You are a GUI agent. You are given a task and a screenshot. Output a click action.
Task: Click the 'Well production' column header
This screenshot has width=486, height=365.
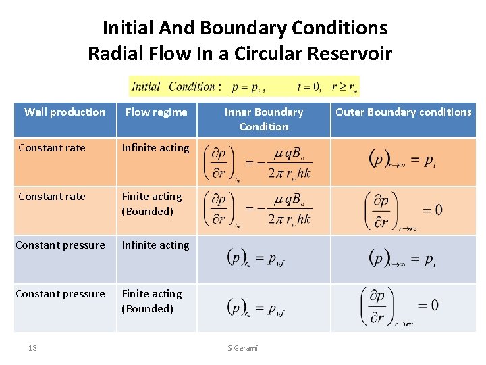(x=65, y=112)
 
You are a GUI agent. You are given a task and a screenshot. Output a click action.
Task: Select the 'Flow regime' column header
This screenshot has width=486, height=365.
(x=156, y=112)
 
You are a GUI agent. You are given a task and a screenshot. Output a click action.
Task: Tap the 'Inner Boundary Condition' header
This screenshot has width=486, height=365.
(x=264, y=119)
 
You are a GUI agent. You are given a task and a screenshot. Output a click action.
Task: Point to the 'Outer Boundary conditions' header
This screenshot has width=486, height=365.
(x=404, y=112)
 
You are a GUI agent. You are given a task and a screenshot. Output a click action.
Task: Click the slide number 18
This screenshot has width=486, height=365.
(x=32, y=348)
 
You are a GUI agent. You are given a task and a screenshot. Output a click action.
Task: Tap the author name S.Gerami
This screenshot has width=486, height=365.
(x=242, y=348)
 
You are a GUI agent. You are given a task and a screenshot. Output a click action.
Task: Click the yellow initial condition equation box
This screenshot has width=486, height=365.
(x=244, y=87)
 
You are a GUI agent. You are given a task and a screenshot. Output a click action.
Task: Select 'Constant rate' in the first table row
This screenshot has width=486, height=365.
(x=52, y=148)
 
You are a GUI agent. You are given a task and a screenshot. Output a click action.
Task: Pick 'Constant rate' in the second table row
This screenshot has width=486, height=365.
(x=52, y=197)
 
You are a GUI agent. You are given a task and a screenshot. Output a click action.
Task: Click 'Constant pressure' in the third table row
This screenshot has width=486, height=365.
(x=60, y=245)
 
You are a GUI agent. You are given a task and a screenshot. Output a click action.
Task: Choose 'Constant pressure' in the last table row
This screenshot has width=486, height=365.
(x=60, y=294)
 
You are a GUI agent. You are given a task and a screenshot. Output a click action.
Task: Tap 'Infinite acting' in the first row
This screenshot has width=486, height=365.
(x=155, y=148)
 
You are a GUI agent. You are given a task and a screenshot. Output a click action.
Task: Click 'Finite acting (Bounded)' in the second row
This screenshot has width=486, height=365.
(x=152, y=204)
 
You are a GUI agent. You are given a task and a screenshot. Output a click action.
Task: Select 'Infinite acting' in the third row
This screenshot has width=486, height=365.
(x=155, y=245)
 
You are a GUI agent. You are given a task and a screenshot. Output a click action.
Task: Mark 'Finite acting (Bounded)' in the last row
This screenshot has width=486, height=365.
(x=152, y=301)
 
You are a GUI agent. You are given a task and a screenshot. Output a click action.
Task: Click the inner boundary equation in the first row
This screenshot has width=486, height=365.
(x=258, y=162)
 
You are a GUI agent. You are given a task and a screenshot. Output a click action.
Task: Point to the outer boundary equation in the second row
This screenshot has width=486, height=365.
(x=404, y=210)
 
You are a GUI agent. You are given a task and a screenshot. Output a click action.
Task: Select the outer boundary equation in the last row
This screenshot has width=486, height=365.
(x=400, y=307)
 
